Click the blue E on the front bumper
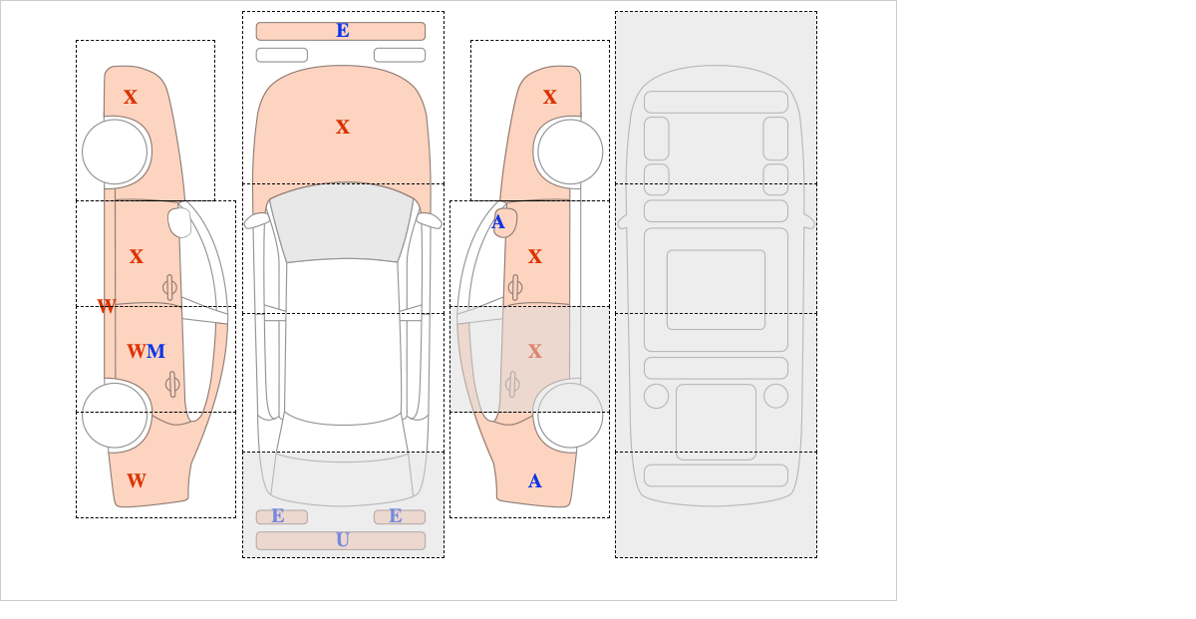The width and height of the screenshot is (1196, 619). (343, 31)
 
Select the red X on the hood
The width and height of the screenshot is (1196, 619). (343, 128)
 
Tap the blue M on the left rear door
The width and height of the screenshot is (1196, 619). (155, 352)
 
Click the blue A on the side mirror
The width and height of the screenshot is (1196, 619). (498, 222)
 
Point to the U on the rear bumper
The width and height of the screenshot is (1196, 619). (343, 540)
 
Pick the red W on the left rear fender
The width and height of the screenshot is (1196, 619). (137, 480)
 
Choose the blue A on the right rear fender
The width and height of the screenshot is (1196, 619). (535, 481)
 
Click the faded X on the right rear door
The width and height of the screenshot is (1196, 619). (535, 352)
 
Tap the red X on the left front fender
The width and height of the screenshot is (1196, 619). (131, 98)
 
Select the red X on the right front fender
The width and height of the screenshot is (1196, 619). (550, 98)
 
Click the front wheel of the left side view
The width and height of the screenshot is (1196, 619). (115, 152)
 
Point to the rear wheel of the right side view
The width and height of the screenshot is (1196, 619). (570, 415)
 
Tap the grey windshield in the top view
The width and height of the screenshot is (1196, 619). (342, 221)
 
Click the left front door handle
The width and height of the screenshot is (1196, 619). (169, 288)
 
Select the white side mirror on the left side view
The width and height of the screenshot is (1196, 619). (179, 222)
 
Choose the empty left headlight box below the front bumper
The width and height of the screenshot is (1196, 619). (282, 55)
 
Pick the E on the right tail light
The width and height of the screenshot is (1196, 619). (396, 516)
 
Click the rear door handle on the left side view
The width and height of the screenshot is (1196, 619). (172, 384)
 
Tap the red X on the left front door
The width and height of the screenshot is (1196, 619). (137, 257)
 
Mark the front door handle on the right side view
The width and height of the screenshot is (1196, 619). (515, 288)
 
